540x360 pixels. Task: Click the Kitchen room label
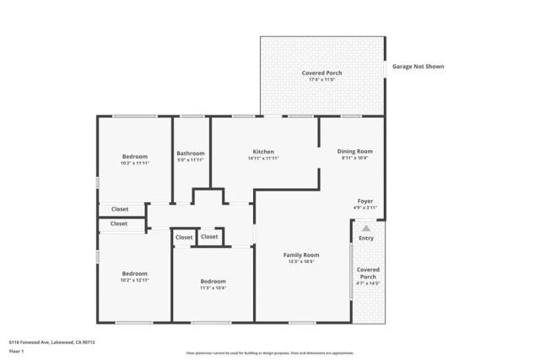pos(263,152)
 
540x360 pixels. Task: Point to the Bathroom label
pos(191,153)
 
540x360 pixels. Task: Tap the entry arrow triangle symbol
pos(365,228)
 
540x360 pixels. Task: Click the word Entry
pos(366,239)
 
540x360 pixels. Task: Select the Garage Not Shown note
pos(418,67)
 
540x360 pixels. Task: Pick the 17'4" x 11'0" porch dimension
pos(322,81)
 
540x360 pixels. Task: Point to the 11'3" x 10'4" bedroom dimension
pos(213,287)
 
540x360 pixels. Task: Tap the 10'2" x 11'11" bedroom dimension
pos(135,163)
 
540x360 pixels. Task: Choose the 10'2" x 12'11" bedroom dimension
pos(135,280)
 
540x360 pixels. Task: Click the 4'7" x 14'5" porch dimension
pos(368,284)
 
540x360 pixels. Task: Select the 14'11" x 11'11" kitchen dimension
pos(263,159)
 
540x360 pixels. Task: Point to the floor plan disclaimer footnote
pos(270,353)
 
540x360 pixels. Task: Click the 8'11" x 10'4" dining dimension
pos(355,158)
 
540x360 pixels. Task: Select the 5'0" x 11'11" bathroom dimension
pos(191,159)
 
